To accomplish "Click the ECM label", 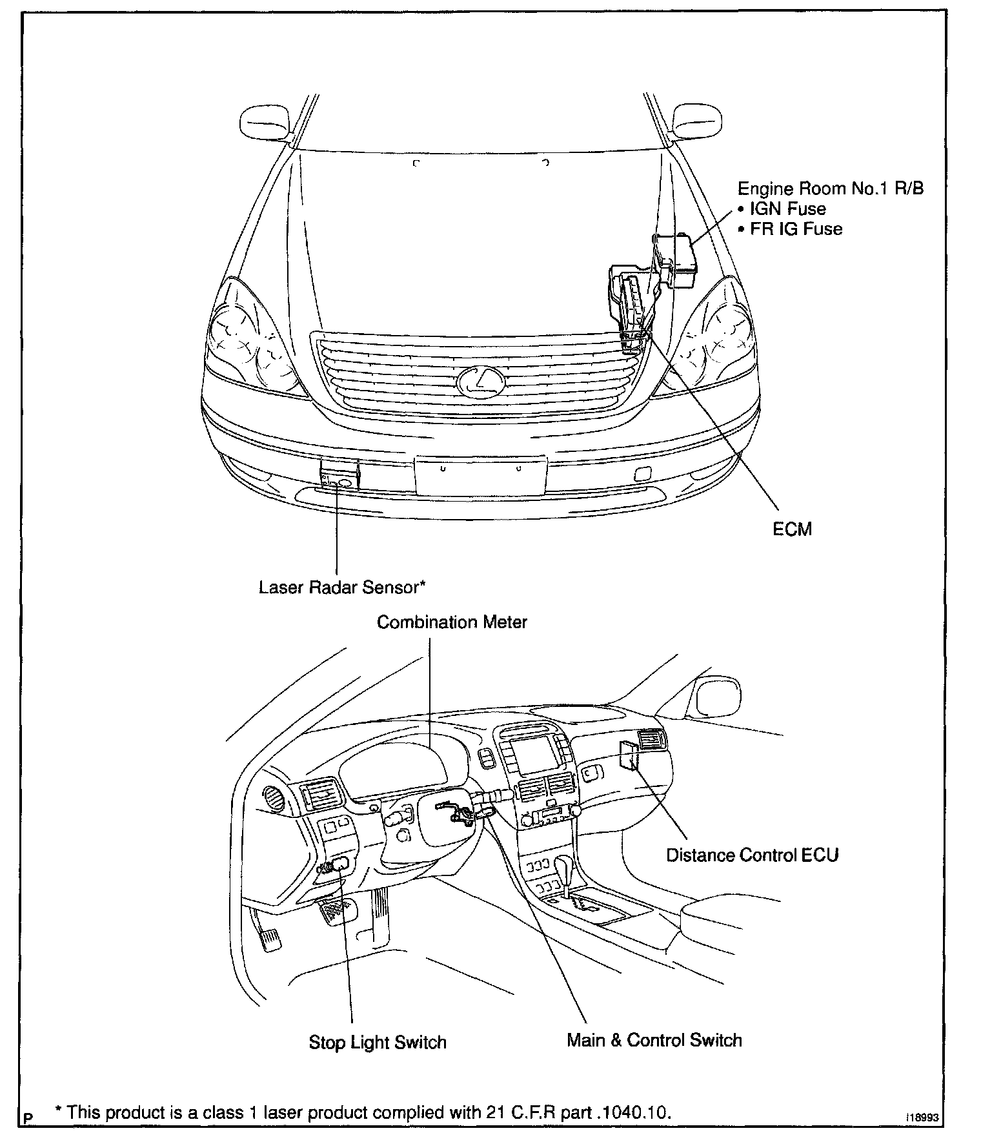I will pyautogui.click(x=792, y=529).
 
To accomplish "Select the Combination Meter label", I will pyautogui.click(x=452, y=622).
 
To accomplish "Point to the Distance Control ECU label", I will pyautogui.click(x=752, y=855).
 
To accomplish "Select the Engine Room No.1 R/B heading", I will pyautogui.click(x=830, y=188).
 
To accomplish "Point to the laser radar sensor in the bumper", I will pyautogui.click(x=339, y=478).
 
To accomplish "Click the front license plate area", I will pyautogui.click(x=481, y=476).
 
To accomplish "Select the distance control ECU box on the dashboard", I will pyautogui.click(x=629, y=755).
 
